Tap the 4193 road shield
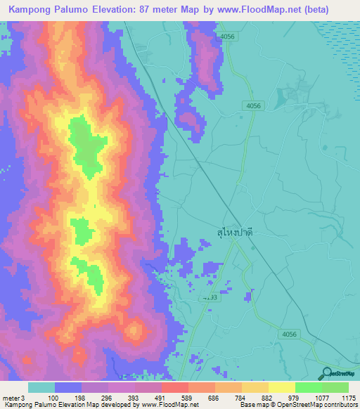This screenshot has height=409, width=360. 210,298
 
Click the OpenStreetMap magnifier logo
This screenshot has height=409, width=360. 328,374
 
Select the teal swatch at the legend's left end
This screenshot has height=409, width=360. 41,387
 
